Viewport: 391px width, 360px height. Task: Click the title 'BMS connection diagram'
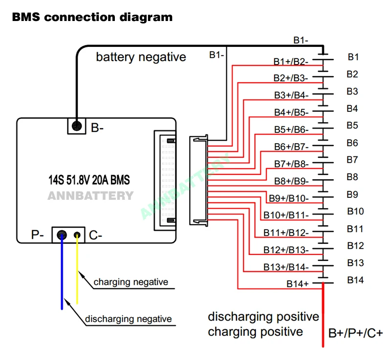pos(92,17)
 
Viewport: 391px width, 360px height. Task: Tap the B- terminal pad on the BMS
pos(76,126)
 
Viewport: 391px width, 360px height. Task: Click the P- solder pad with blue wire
pos(62,235)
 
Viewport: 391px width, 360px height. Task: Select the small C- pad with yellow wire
pos(77,235)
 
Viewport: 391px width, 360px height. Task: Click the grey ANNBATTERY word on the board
pos(90,196)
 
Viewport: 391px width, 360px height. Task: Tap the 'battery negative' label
pos(141,57)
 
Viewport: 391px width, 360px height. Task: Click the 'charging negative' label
pos(131,282)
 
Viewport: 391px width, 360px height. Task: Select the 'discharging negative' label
pos(129,319)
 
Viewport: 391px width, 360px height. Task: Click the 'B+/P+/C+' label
pos(355,334)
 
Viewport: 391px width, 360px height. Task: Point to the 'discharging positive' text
pos(263,317)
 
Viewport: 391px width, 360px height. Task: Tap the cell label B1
pos(353,57)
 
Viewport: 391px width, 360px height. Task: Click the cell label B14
pos(356,280)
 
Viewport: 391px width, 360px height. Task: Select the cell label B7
pos(353,160)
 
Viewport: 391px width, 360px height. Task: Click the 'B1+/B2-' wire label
pos(291,62)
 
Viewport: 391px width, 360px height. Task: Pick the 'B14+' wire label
pos(298,283)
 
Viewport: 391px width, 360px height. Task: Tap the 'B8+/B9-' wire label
pos(291,181)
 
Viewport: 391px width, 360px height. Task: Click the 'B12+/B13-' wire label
pos(286,250)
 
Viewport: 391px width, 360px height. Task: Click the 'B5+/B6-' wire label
pos(291,130)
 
